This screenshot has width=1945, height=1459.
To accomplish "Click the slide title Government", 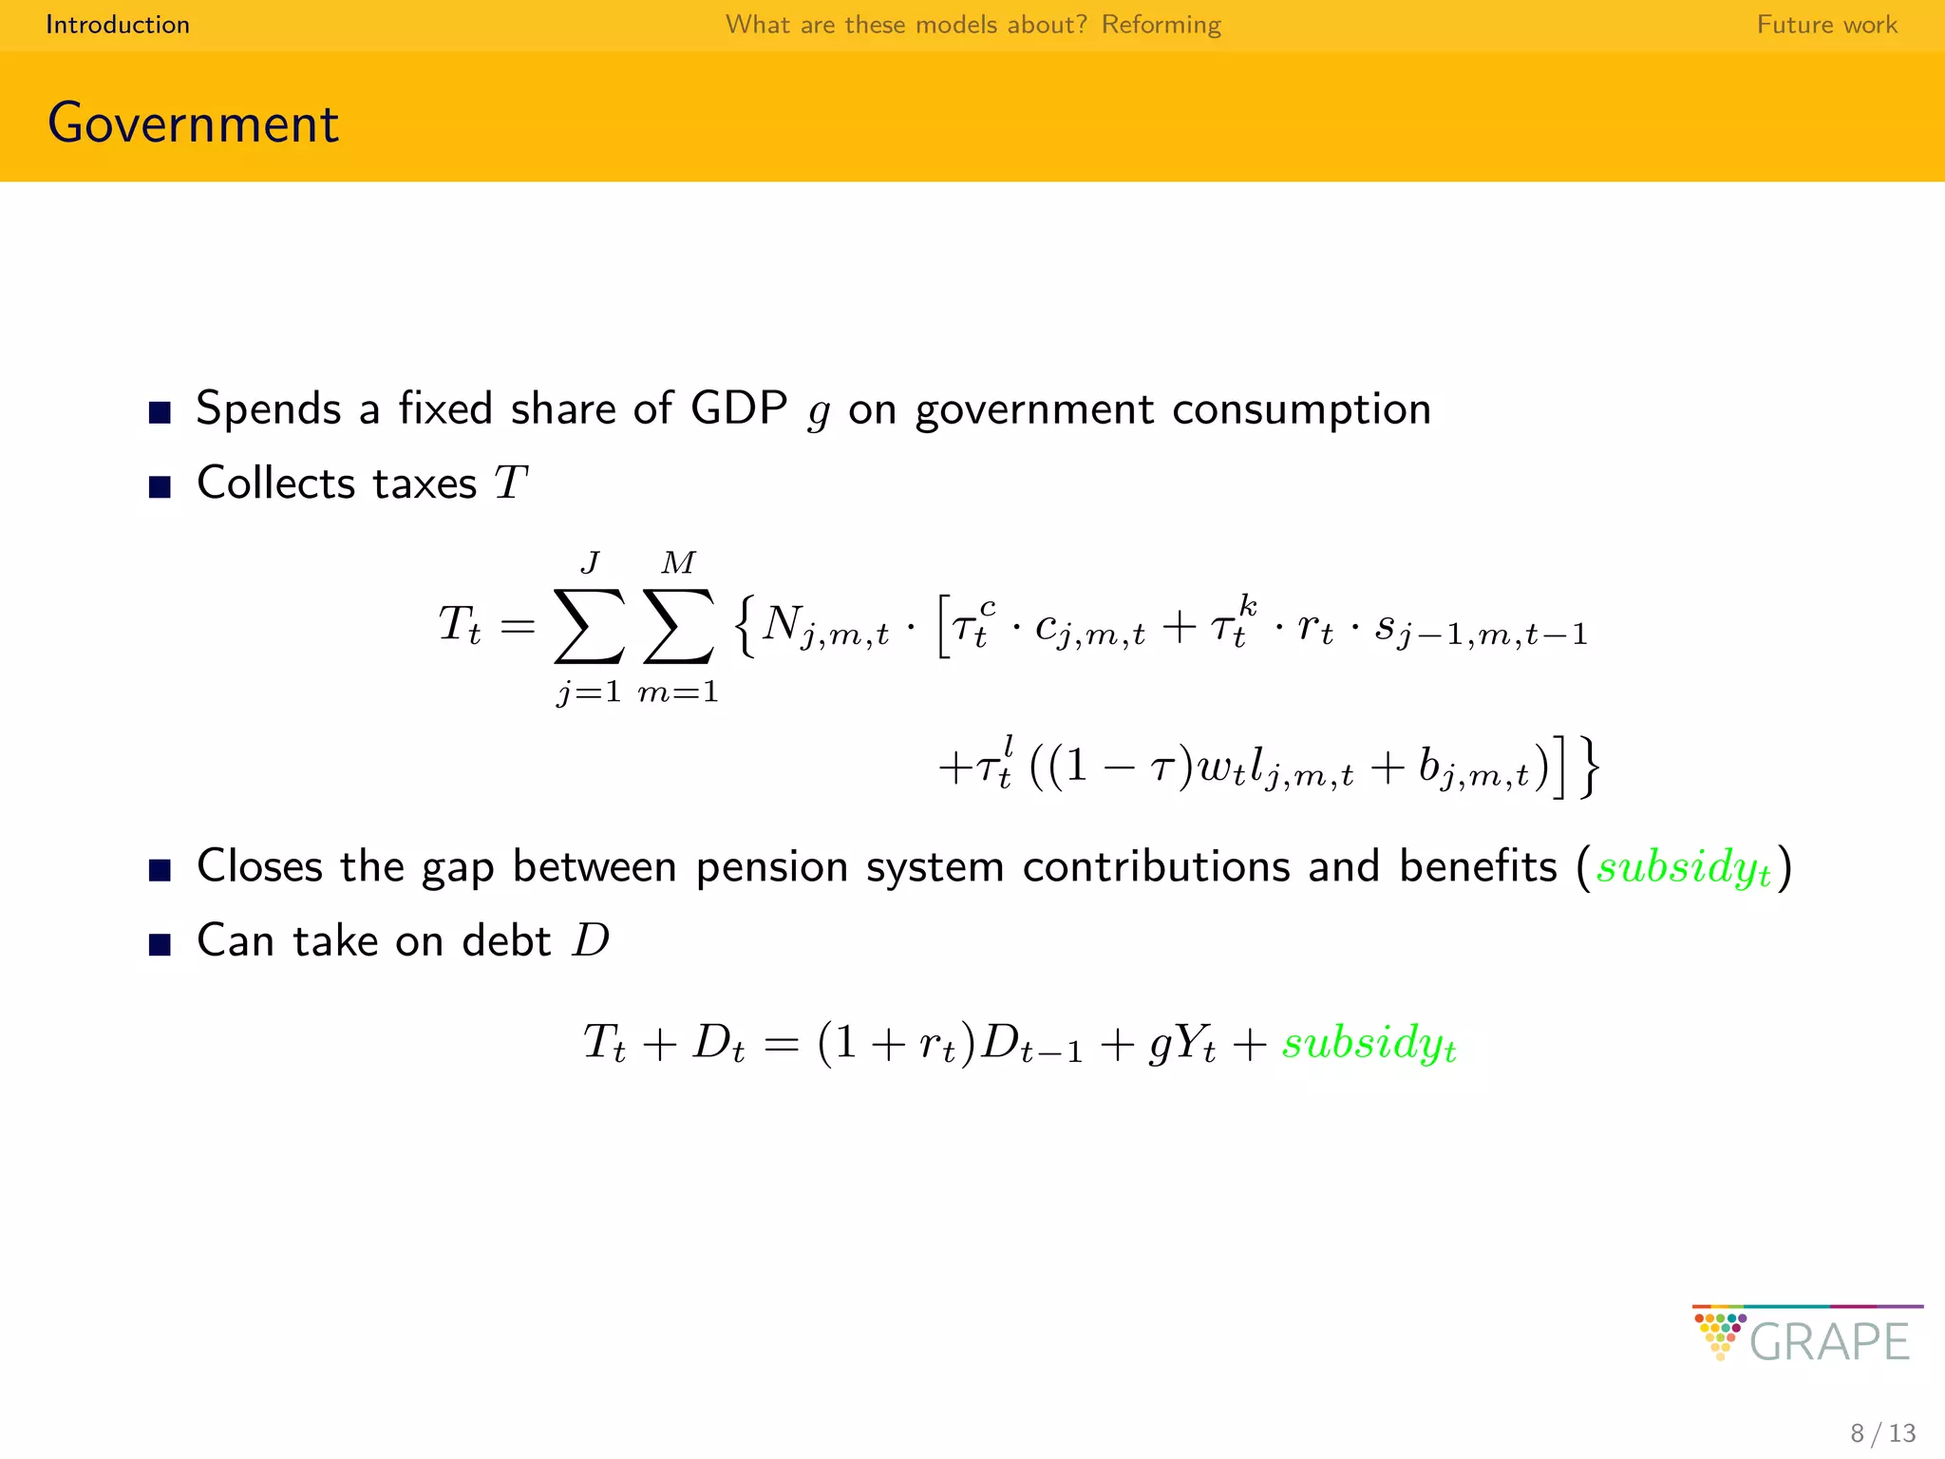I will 193,123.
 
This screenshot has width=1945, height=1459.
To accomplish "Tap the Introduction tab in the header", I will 118,25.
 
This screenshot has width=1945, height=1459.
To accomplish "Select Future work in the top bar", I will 1826,25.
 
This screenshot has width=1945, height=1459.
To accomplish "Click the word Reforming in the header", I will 1161,25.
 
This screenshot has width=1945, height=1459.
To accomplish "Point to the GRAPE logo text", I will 1828,1341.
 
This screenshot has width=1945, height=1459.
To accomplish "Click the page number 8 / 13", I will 1882,1432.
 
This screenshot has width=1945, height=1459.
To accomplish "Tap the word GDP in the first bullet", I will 738,408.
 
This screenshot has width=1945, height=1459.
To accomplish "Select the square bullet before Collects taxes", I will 160,487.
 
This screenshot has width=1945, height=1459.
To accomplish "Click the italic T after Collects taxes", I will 511,483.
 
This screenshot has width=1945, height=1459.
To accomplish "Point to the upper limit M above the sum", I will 678,562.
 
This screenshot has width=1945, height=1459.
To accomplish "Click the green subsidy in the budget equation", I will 1369,1043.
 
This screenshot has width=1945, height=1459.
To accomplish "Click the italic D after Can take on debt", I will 591,940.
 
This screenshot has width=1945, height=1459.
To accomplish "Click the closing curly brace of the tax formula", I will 1590,767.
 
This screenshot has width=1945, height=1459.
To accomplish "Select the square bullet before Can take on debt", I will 160,945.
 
